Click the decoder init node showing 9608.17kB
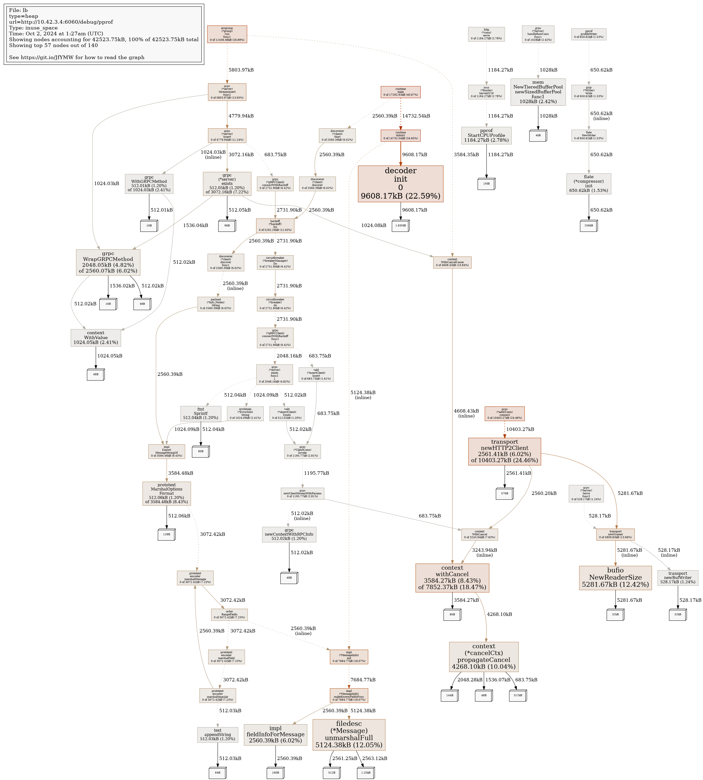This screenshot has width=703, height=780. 400,184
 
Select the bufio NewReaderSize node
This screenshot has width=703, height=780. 615,578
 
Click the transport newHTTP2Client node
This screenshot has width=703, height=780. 505,451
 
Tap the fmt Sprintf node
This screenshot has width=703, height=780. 200,414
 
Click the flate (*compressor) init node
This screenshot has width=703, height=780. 589,184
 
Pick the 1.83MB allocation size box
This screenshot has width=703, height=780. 400,225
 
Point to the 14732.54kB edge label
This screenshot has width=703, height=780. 416,116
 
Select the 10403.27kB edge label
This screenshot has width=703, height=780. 520,429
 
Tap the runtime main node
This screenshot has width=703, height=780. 400,92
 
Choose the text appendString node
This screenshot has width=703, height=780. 217,734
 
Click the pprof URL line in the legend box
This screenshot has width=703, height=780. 61,22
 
